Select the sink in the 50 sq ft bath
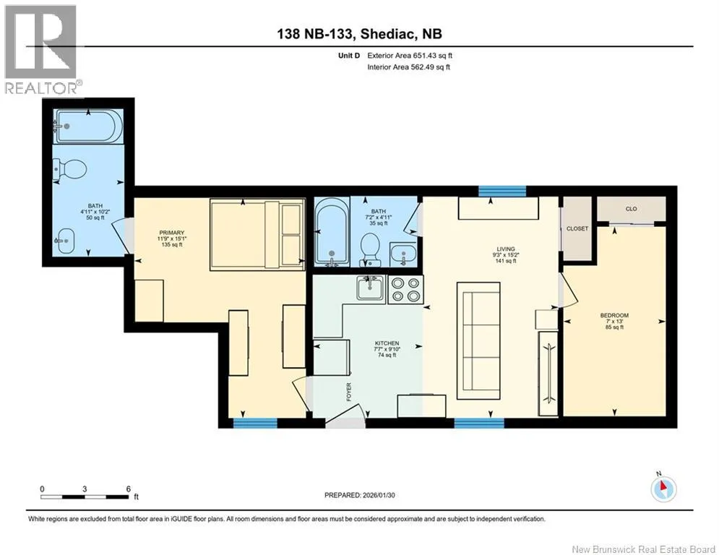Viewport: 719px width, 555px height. tap(64, 241)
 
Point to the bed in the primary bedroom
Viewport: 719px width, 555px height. tap(257, 235)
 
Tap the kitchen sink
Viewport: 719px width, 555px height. tap(371, 288)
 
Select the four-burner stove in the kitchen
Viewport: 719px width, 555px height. tap(406, 290)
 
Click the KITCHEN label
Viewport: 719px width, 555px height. tap(387, 343)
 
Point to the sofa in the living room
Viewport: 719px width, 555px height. tap(478, 340)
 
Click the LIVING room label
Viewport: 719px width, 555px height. tap(507, 249)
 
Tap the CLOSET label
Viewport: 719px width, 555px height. tap(577, 228)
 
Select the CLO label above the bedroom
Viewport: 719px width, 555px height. tap(631, 209)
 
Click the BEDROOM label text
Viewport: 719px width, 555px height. tap(614, 316)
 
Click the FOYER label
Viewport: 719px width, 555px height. tap(349, 392)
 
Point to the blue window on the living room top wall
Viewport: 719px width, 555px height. tap(502, 191)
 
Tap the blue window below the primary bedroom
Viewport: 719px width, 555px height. tap(255, 423)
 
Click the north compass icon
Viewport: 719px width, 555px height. tap(663, 489)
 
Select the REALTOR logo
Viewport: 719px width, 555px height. tap(42, 50)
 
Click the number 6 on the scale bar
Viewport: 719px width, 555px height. tap(129, 489)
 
